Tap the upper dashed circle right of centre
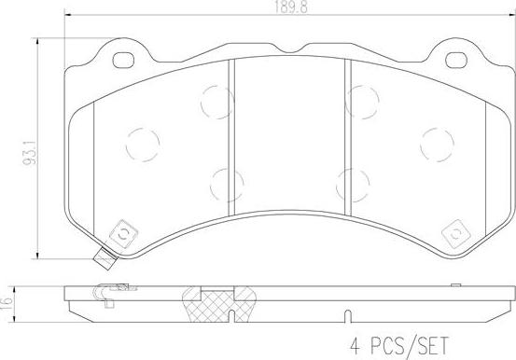[x=360, y=96]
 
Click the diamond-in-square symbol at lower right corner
[x=457, y=232]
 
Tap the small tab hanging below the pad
[x=104, y=263]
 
